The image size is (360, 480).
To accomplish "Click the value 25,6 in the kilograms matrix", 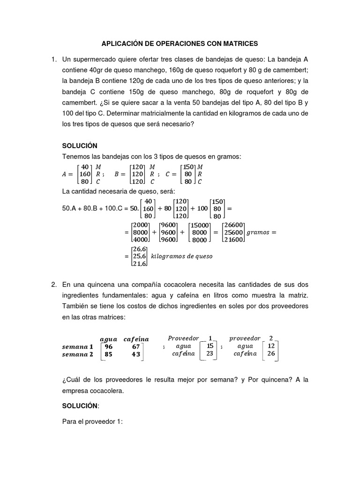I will (x=139, y=256).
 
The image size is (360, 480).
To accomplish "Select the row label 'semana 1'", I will (x=78, y=346).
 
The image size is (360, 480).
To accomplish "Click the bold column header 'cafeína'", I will (x=136, y=338).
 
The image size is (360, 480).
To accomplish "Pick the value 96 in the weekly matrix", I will (x=109, y=346).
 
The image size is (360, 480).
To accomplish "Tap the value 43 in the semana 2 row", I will (x=136, y=354).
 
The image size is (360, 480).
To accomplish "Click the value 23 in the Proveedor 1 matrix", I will (x=210, y=354).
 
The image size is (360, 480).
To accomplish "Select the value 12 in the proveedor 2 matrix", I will (x=270, y=345).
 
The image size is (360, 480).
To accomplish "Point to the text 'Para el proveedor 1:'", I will (x=92, y=421).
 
